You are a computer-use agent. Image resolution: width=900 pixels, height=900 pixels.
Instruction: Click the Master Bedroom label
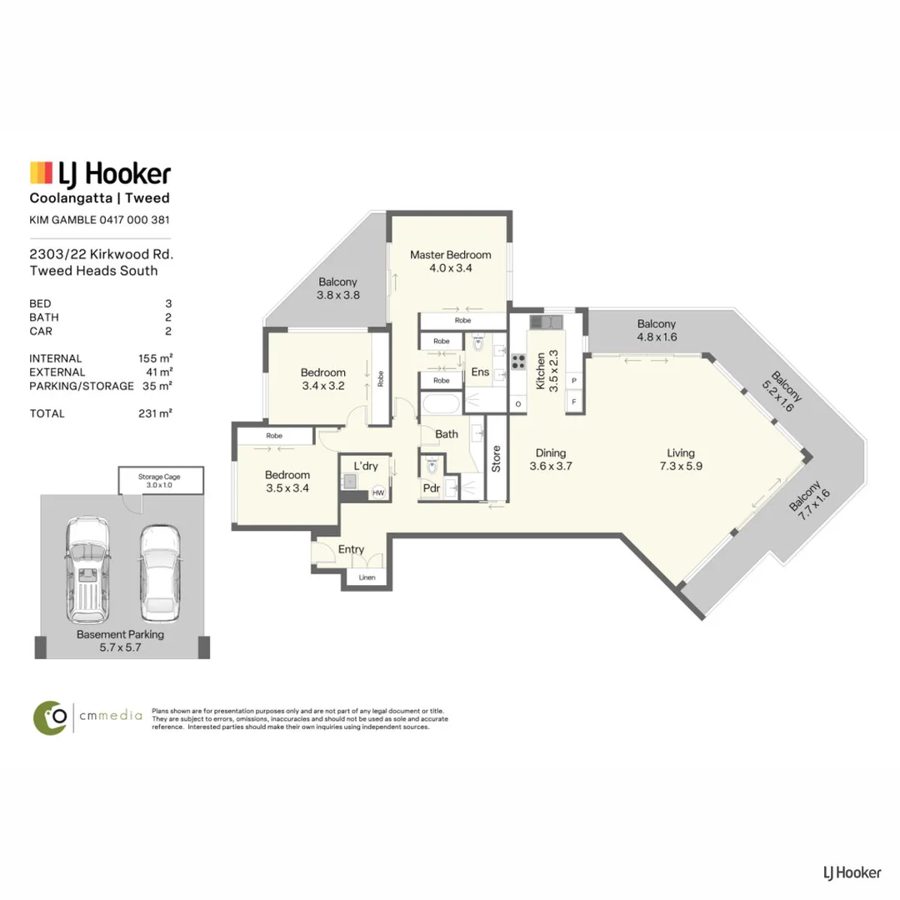tap(451, 255)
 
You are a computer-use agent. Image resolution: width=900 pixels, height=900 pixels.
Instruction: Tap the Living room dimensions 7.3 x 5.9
tap(681, 466)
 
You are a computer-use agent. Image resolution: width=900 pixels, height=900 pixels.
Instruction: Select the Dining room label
tap(551, 452)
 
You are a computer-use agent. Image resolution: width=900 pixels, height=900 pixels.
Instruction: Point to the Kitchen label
tap(540, 372)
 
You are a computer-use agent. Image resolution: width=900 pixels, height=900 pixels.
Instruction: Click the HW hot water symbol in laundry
tap(378, 492)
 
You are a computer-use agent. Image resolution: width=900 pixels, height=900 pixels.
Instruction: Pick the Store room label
tap(497, 458)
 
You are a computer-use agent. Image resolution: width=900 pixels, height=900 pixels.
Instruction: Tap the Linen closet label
tap(367, 577)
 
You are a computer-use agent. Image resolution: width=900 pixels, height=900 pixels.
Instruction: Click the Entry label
tap(351, 549)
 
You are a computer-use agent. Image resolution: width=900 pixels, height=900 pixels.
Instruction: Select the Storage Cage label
tap(159, 477)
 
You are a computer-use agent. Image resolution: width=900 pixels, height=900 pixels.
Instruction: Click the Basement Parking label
tap(120, 634)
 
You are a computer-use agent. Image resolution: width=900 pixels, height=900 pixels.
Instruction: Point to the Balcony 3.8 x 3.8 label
tap(338, 288)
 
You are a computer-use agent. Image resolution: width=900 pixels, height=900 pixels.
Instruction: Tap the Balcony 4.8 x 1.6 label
tap(657, 330)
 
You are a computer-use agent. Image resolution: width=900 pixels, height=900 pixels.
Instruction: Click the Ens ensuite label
tap(480, 372)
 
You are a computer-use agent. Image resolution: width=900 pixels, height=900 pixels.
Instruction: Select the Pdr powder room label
tap(431, 487)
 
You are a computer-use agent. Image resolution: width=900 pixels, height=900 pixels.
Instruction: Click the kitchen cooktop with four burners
tap(518, 362)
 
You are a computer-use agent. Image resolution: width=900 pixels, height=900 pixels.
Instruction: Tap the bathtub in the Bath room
tap(441, 404)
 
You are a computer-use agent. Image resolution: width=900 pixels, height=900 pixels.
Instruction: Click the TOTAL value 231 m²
tap(156, 413)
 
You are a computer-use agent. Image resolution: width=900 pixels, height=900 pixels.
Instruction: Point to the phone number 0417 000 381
tap(134, 219)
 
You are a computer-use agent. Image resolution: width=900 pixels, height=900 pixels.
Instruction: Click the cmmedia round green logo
tap(51, 717)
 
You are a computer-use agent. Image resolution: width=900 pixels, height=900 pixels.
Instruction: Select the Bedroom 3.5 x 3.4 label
tap(287, 481)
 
